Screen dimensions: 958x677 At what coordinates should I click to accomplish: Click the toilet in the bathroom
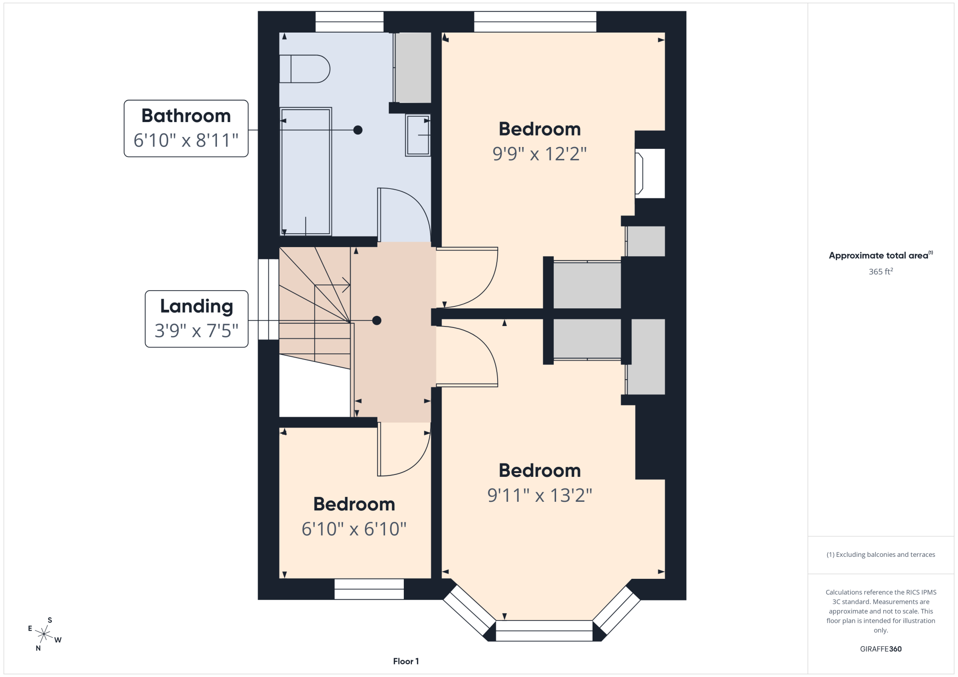(x=304, y=69)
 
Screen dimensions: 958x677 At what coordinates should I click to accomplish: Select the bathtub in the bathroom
(x=306, y=171)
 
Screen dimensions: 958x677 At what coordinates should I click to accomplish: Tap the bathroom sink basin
(x=418, y=135)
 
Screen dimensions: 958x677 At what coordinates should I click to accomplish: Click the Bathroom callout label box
(x=186, y=128)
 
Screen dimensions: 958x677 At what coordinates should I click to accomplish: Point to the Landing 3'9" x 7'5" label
(x=196, y=319)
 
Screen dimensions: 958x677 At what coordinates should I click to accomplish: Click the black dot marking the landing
(x=377, y=321)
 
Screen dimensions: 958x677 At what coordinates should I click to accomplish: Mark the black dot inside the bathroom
(x=358, y=130)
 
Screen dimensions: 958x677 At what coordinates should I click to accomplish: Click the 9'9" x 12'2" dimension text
(x=539, y=154)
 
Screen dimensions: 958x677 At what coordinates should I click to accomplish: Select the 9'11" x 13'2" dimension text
(x=540, y=496)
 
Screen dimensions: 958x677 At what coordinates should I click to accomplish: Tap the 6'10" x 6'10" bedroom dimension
(x=354, y=529)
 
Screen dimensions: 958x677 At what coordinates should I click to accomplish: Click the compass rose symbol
(x=44, y=634)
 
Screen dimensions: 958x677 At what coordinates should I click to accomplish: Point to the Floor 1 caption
(x=406, y=661)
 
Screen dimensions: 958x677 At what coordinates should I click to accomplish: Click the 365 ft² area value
(x=880, y=271)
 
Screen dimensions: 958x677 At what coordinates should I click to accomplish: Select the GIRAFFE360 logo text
(x=880, y=649)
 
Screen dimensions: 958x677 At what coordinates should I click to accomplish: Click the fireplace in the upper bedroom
(x=650, y=173)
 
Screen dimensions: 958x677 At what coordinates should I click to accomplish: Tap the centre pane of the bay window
(x=544, y=631)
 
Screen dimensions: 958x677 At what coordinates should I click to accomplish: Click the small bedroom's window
(x=369, y=589)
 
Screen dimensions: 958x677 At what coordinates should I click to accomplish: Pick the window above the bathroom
(x=349, y=22)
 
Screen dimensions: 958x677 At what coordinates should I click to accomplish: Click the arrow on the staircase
(x=332, y=285)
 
